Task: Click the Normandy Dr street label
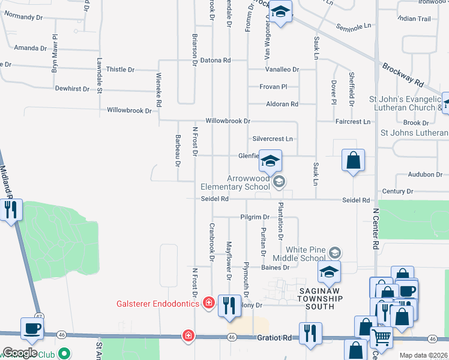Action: (x=23, y=17)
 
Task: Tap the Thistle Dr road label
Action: (x=120, y=70)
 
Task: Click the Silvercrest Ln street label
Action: (x=272, y=139)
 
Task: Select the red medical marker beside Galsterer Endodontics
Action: (x=208, y=302)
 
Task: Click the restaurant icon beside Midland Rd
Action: (x=10, y=209)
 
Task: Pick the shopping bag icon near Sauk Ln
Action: (x=353, y=160)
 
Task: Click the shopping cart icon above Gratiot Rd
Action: (x=381, y=338)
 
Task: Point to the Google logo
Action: (x=20, y=353)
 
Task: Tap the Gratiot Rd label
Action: (x=274, y=338)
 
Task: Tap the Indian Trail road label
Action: (x=414, y=19)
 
